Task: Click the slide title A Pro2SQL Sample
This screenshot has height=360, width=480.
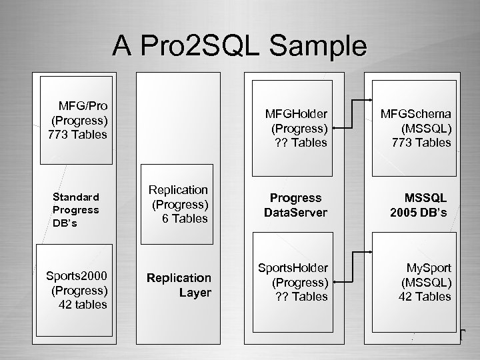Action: (x=239, y=46)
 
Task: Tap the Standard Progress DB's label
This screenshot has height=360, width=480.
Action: (x=76, y=210)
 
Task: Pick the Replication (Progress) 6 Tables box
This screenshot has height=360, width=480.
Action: (x=179, y=204)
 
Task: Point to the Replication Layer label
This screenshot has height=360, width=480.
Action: (x=179, y=285)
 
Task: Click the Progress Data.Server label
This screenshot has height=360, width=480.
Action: (x=295, y=205)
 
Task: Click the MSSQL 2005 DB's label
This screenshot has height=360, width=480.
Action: (x=424, y=205)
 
